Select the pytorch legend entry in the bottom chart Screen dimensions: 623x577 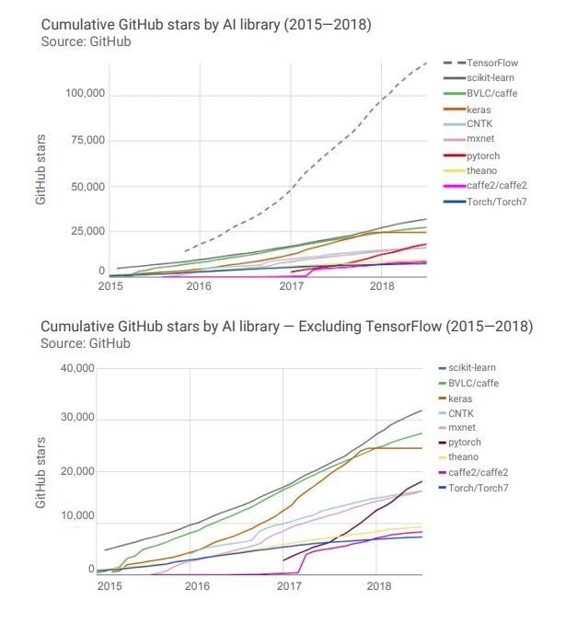click(x=466, y=443)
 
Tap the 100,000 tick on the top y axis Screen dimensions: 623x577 click(x=86, y=95)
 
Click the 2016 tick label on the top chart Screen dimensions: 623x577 click(x=199, y=287)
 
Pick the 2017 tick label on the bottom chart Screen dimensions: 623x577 click(x=289, y=585)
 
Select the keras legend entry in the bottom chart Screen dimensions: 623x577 click(x=461, y=398)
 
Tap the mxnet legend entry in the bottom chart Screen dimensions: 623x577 click(x=464, y=428)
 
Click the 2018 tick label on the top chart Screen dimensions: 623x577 click(x=381, y=287)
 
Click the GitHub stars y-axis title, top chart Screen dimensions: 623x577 click(x=41, y=170)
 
